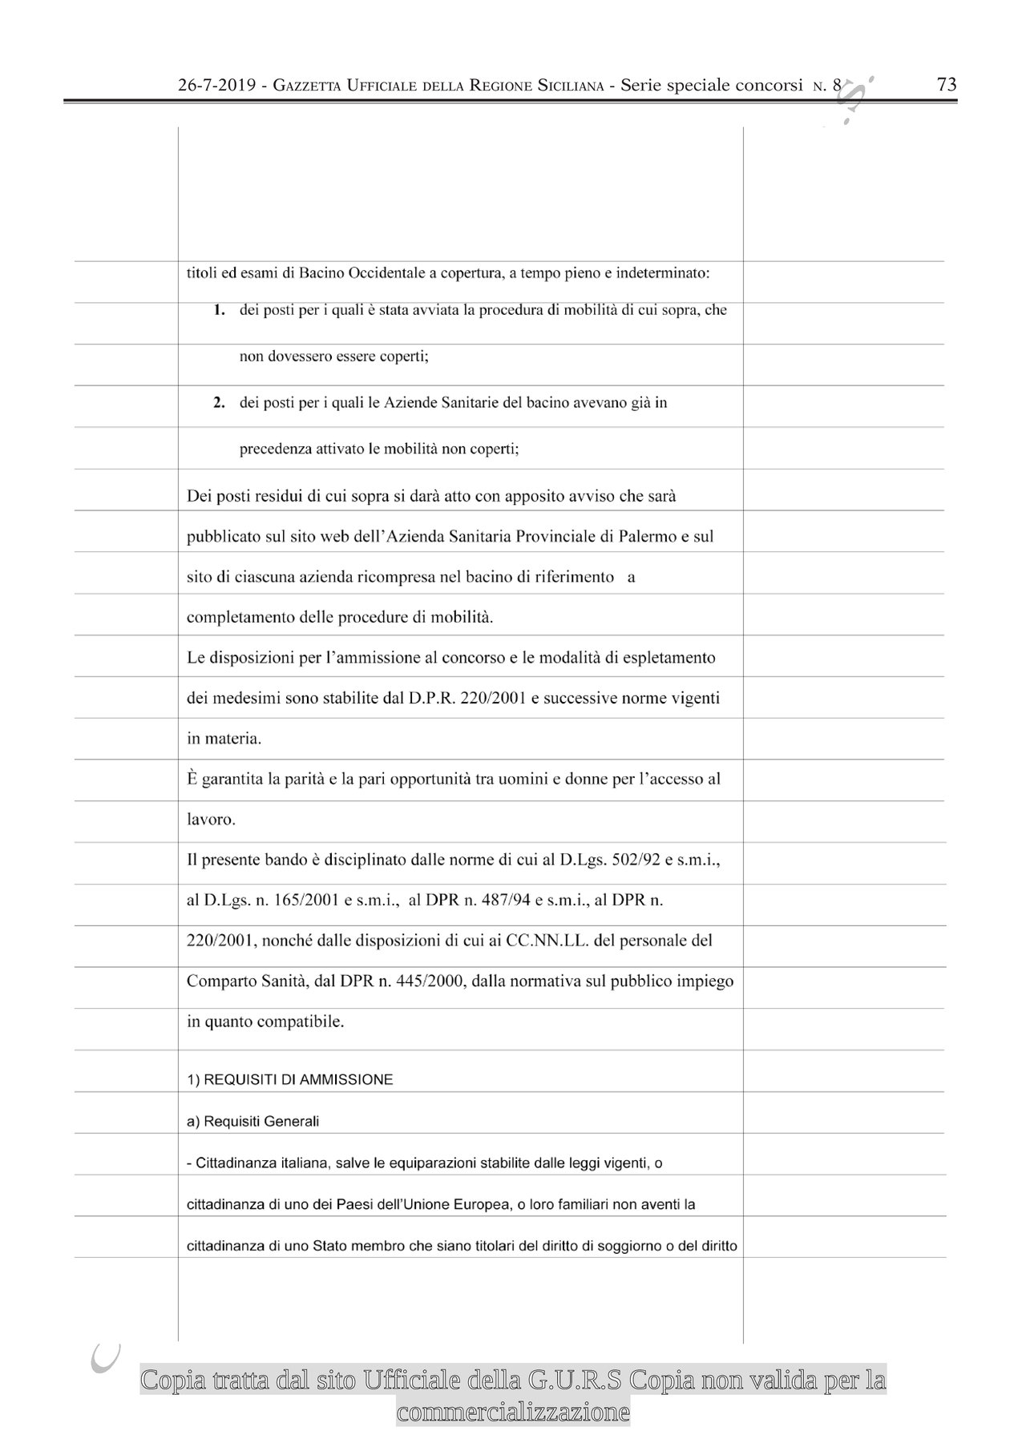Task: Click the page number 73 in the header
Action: [x=947, y=85]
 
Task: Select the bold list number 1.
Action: [x=218, y=310]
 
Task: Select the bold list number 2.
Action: [x=218, y=403]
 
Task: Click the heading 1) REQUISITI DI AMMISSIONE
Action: [x=289, y=1079]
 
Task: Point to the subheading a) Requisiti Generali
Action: [x=252, y=1121]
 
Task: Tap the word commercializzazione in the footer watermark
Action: [x=513, y=1412]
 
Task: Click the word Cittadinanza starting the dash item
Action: [x=237, y=1163]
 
